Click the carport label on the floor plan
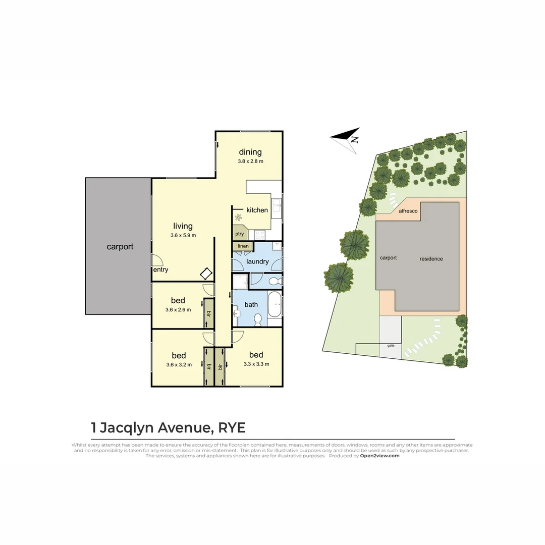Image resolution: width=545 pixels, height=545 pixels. click(x=120, y=247)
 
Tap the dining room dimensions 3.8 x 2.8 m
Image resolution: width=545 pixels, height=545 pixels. click(x=251, y=161)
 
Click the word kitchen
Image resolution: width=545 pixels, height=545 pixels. click(x=257, y=210)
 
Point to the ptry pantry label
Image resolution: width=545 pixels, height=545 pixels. click(x=239, y=234)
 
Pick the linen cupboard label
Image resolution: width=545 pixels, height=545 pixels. click(x=243, y=246)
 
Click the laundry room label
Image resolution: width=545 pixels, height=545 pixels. click(x=257, y=261)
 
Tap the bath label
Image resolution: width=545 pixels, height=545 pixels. click(x=251, y=304)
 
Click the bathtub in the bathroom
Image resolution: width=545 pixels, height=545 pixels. click(x=274, y=305)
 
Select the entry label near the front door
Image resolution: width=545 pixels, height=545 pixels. click(x=160, y=269)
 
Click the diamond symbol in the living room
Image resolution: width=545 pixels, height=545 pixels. click(x=206, y=274)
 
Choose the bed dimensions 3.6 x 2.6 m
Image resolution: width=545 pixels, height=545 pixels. click(x=178, y=310)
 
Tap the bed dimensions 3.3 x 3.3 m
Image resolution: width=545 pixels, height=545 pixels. click(x=256, y=364)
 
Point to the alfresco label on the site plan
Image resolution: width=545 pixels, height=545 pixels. click(x=408, y=211)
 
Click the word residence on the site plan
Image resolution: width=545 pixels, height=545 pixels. click(x=431, y=259)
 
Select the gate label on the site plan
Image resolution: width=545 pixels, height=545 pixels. click(x=391, y=346)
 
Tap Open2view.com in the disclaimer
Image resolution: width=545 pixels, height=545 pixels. click(x=379, y=455)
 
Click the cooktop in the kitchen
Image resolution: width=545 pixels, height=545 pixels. click(x=260, y=234)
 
